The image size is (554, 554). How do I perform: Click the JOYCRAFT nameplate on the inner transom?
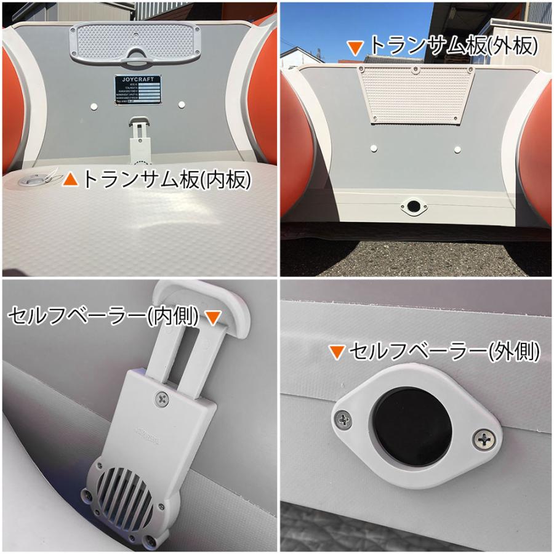click(137, 91)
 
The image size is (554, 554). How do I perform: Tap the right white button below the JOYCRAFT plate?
click(183, 105)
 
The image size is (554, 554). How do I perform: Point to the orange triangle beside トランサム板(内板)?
click(72, 179)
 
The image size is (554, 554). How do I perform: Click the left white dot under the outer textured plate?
click(374, 148)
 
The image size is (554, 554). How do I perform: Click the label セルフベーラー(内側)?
click(103, 316)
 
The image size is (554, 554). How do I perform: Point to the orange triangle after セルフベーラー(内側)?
click(212, 317)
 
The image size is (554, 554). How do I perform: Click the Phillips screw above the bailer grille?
click(161, 398)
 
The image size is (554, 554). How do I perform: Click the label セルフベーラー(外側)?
click(444, 351)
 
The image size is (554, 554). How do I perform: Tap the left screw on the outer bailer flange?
click(342, 421)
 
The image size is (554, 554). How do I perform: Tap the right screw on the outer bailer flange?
click(486, 440)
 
